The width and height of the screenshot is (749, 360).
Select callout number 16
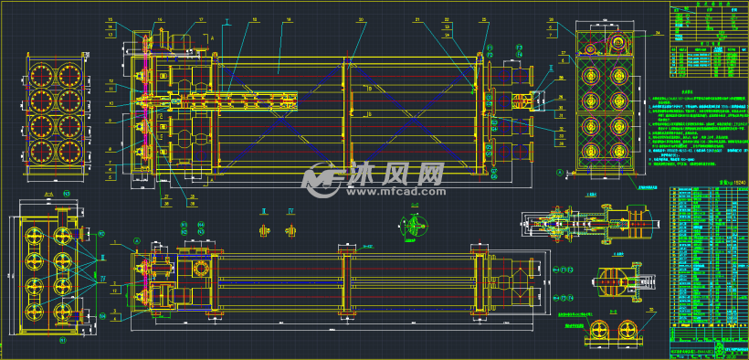160,19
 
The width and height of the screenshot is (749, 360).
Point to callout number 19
289,19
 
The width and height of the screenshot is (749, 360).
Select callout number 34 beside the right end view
658,32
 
